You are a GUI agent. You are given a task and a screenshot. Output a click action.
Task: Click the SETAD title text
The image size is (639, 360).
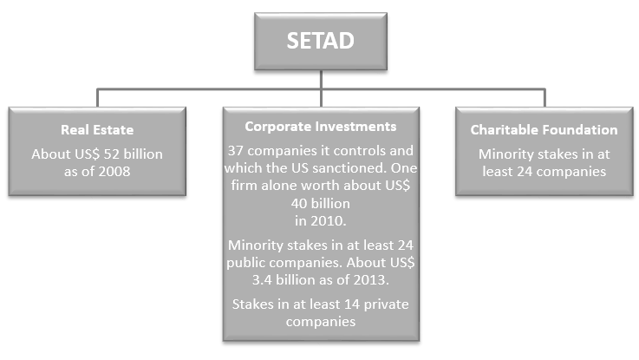point(320,41)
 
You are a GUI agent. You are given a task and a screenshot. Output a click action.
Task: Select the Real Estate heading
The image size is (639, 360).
point(97,129)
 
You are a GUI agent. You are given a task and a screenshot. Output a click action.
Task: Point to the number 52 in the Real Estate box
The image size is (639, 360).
point(111,154)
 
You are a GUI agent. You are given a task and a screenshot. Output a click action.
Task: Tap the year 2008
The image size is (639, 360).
point(114,171)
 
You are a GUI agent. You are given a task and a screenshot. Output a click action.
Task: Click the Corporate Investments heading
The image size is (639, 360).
point(321,127)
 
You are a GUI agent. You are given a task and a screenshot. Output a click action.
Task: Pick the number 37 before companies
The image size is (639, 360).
point(236,151)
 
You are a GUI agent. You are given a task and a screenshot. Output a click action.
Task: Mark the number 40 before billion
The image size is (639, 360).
point(299,203)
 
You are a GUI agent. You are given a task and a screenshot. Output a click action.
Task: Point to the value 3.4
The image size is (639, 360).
point(262,279)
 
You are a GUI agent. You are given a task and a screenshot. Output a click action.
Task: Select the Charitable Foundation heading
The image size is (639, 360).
point(544,129)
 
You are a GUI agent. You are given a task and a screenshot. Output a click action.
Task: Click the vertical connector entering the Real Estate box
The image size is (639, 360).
point(97,98)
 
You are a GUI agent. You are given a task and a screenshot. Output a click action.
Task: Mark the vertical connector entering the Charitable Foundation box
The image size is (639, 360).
point(544,98)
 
